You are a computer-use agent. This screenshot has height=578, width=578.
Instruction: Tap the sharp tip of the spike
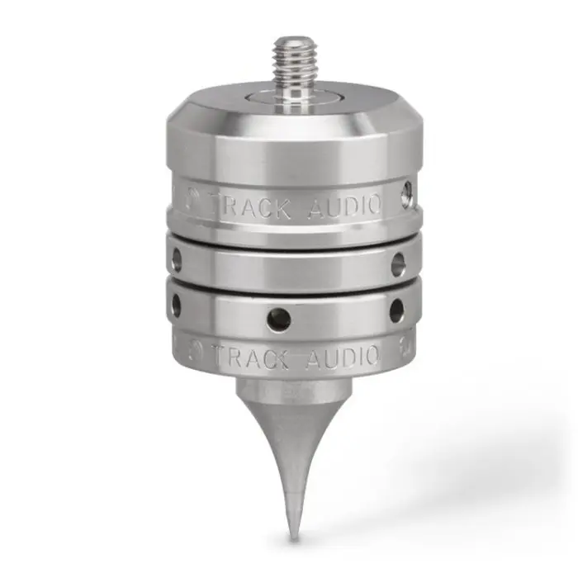pyautogui.click(x=293, y=540)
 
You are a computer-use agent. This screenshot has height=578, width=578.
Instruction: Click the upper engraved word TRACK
pyautogui.click(x=251, y=206)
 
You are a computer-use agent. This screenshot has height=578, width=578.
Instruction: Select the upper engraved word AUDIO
pyautogui.click(x=344, y=206)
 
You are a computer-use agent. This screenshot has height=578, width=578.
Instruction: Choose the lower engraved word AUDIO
pyautogui.click(x=342, y=358)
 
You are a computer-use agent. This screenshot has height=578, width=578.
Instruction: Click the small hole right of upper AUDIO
pyautogui.click(x=407, y=192)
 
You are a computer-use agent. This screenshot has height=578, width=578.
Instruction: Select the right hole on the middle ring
pyautogui.click(x=397, y=263)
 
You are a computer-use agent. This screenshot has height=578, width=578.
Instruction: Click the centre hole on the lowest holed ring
pyautogui.click(x=279, y=320)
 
